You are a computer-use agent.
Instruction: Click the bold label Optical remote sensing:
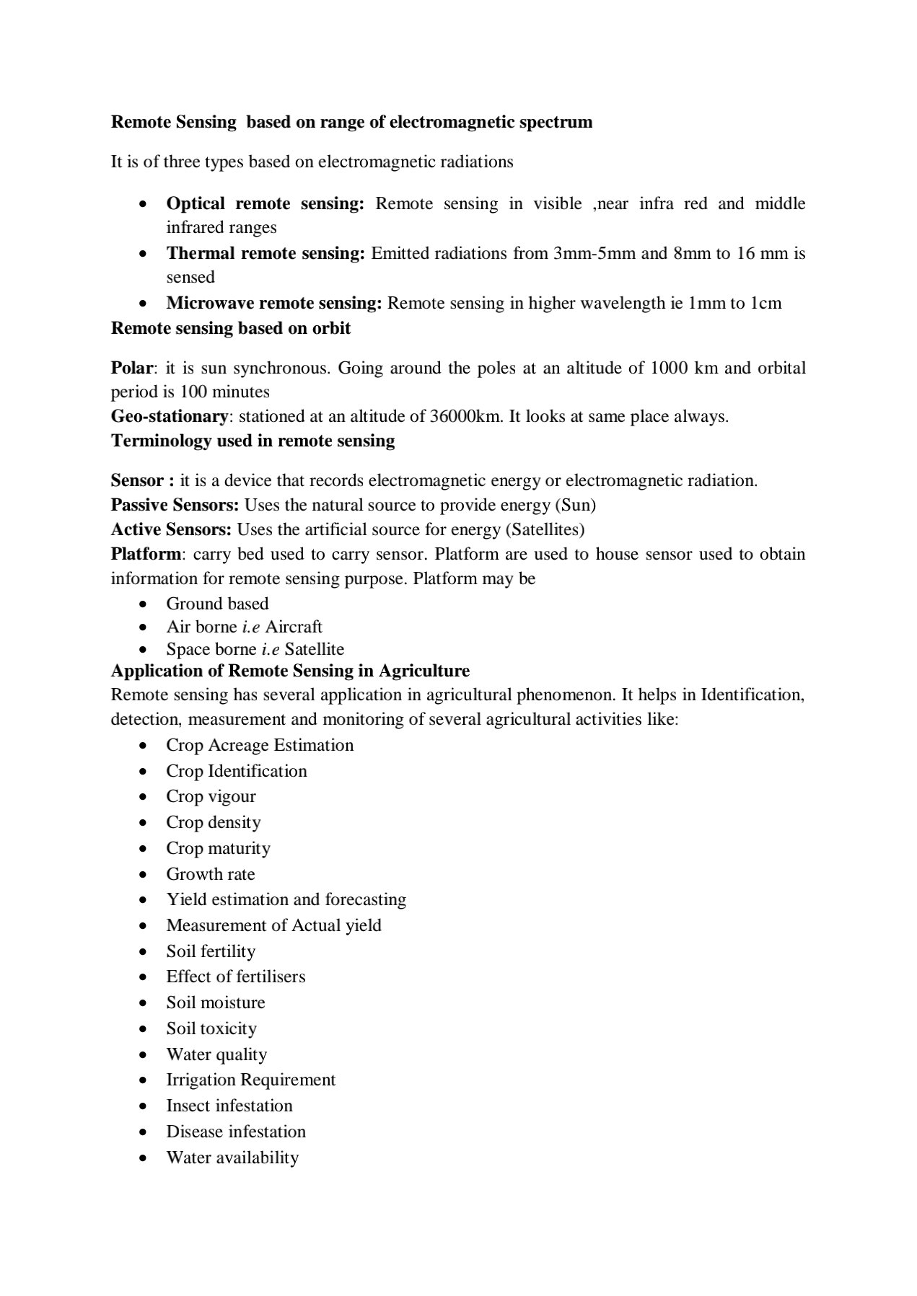[265, 203]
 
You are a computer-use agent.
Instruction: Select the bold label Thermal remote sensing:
[266, 253]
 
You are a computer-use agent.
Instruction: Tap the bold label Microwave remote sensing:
[273, 303]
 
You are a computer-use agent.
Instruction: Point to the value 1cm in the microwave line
[765, 303]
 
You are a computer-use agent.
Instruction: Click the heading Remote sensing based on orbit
[231, 328]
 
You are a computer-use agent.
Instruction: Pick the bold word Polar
[131, 368]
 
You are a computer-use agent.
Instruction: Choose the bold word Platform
[145, 554]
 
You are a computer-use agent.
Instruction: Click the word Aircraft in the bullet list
[294, 627]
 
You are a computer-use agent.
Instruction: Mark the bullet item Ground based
[217, 604]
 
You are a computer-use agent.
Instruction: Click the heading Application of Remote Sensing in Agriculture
[290, 671]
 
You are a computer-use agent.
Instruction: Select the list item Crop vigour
[211, 796]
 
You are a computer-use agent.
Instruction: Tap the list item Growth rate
[211, 874]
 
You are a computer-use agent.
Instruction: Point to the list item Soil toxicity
[211, 1028]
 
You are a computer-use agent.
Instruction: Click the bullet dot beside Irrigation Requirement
[145, 1080]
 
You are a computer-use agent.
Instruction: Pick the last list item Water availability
[232, 1158]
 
